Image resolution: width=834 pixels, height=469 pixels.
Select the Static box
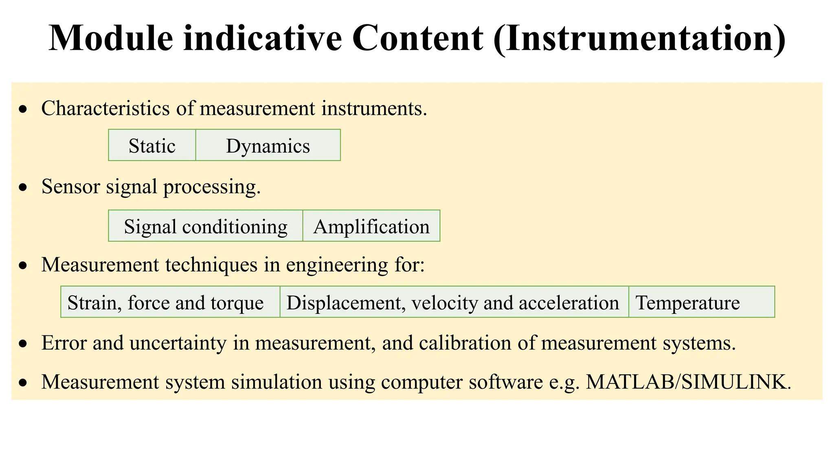tap(152, 145)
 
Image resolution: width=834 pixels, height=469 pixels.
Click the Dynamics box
tap(268, 145)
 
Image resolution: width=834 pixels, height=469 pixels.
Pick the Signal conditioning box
tap(206, 226)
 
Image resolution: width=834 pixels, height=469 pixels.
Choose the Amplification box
tap(371, 226)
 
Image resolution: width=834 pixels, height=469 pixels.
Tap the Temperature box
tap(701, 302)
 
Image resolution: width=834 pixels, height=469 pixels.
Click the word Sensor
tap(70, 186)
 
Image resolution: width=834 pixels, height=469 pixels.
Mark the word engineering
tap(337, 265)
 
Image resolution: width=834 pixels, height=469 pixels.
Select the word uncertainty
tap(178, 343)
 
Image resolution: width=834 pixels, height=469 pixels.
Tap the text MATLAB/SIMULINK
tap(688, 382)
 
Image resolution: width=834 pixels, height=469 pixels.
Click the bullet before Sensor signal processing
tap(24, 187)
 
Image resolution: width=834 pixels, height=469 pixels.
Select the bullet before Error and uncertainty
tap(24, 344)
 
